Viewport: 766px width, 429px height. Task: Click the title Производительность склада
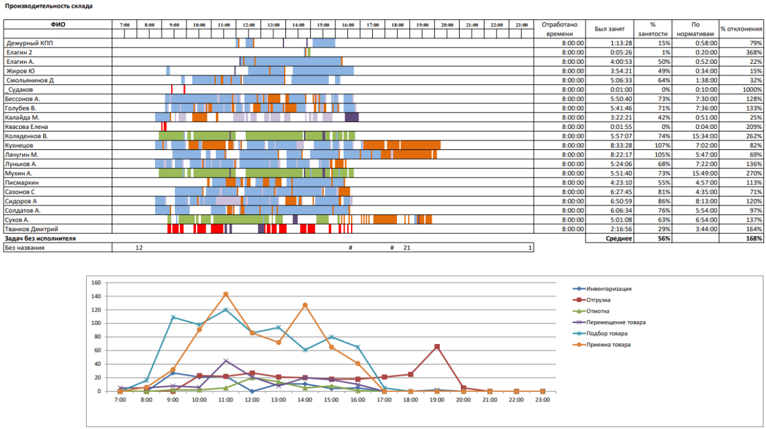[48, 6]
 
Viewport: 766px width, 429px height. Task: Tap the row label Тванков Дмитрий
[32, 229]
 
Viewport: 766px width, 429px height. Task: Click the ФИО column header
[57, 25]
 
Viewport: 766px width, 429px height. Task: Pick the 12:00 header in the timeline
[249, 25]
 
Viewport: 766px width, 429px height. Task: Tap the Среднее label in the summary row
[619, 238]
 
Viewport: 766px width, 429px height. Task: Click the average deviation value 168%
[753, 238]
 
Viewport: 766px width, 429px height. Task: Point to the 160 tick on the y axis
[96, 282]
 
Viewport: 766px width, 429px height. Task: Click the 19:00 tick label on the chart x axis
[437, 399]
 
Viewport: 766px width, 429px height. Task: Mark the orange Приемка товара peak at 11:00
[225, 294]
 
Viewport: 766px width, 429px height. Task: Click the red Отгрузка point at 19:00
[437, 347]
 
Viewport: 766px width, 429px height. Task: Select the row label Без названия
[24, 247]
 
